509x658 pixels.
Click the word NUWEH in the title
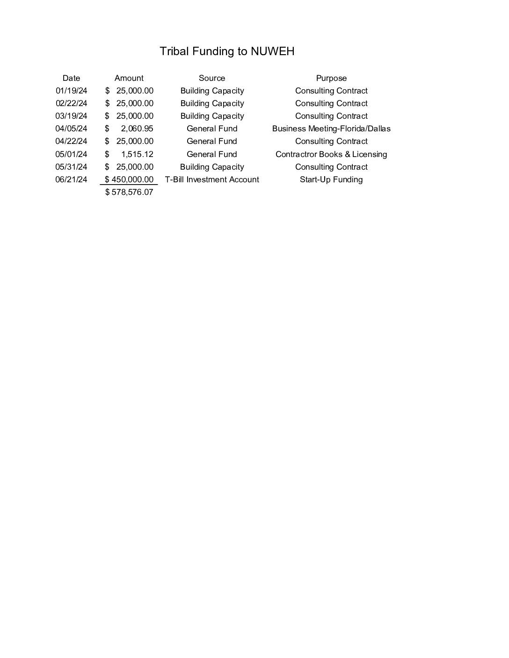272,51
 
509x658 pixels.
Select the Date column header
71,79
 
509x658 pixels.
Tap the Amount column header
129,79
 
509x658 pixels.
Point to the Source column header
211,79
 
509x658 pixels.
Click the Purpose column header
331,79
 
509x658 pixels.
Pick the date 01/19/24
71,91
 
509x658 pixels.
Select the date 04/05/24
71,129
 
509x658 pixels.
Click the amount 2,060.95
137,129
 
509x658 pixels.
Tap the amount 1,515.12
137,155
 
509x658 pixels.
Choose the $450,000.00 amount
129,180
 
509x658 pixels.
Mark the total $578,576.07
129,193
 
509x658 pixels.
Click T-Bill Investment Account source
212,180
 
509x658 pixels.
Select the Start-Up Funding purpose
331,180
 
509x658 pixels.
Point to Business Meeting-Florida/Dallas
331,129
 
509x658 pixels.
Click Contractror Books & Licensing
331,155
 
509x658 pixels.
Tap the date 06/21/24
71,180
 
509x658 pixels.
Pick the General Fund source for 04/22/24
212,142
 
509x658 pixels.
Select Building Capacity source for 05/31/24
212,167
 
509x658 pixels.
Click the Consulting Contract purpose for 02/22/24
331,104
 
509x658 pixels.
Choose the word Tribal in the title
173,51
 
